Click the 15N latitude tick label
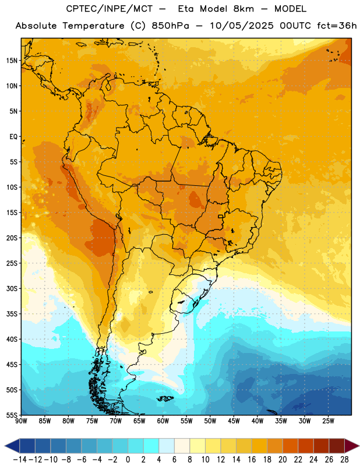coord(11,61)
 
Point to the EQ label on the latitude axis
coord(13,137)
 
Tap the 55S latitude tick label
coord(11,415)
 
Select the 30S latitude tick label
coord(11,288)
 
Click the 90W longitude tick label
coord(21,421)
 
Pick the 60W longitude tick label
coord(163,421)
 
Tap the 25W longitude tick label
coord(328,421)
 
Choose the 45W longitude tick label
coord(234,421)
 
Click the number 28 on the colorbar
coord(344,460)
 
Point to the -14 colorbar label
coord(20,460)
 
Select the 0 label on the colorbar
coord(128,460)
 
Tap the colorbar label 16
coord(252,460)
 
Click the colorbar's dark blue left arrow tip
coord(5,446)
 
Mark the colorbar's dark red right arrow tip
coord(359,446)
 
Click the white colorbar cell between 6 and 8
coord(182,446)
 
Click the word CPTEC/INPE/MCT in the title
coord(110,9)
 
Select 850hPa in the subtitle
coord(170,26)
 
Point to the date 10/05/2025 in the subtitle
coord(242,26)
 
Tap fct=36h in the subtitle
coord(337,26)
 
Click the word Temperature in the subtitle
coord(93,26)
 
